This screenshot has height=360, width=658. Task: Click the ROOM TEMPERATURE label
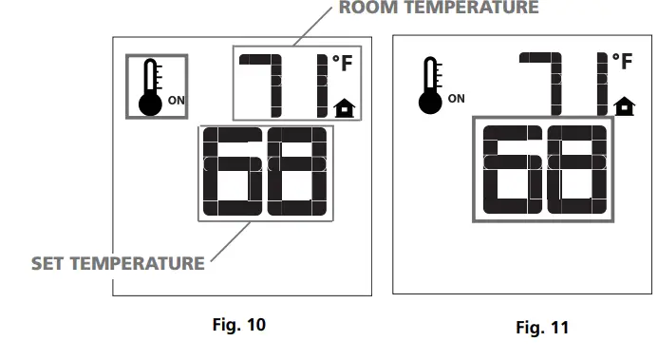438,8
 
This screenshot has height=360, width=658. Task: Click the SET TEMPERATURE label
118,262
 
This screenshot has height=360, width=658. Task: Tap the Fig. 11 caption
541,328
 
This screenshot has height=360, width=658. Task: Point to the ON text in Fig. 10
177,99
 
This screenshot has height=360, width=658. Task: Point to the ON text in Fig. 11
457,98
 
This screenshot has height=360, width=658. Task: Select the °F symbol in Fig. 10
343,65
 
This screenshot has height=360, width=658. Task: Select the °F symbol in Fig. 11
622,63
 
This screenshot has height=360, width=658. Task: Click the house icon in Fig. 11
624,104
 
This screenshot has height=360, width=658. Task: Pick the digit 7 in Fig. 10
260,85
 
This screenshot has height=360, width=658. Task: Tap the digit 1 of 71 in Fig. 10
321,85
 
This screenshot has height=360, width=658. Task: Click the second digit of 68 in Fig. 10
297,172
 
